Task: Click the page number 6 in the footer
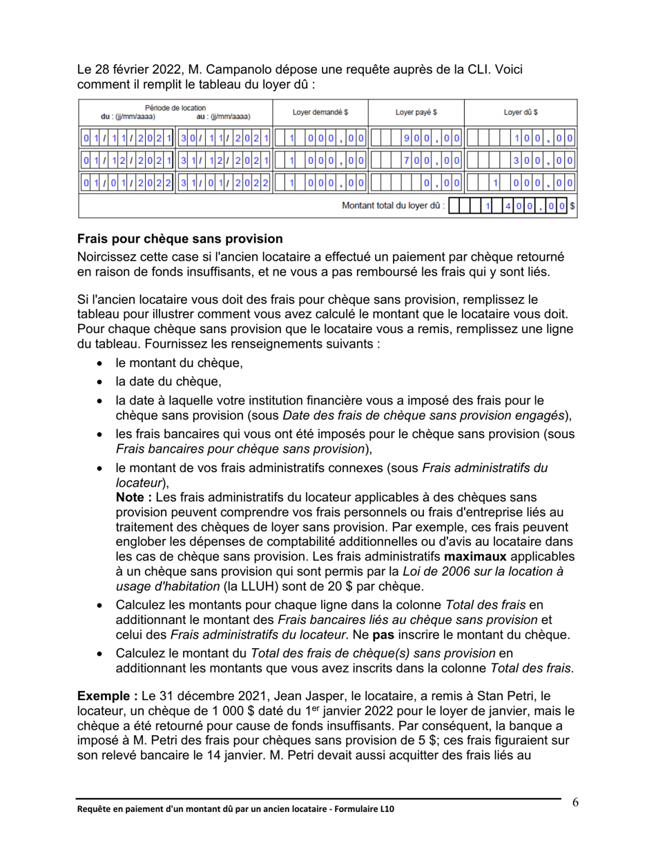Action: [575, 802]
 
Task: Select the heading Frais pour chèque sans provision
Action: [180, 239]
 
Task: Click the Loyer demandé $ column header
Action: [320, 112]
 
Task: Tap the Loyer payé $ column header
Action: [416, 112]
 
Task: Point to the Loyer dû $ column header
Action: [521, 112]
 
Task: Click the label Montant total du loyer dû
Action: [394, 205]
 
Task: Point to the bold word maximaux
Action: [476, 557]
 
